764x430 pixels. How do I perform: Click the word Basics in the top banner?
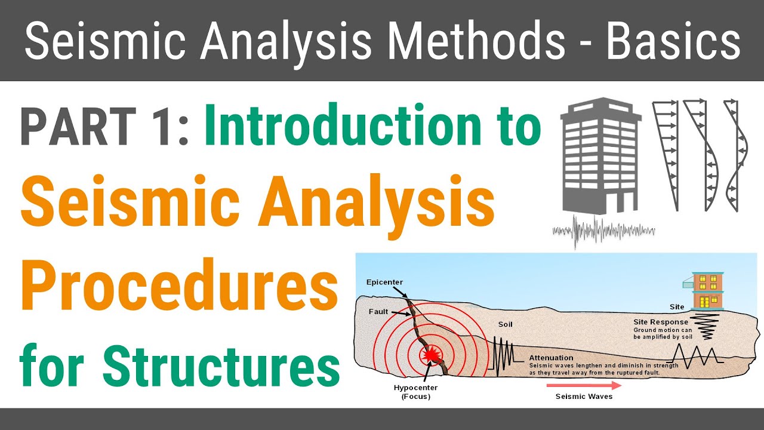(673, 41)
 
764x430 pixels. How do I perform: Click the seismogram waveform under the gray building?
(603, 231)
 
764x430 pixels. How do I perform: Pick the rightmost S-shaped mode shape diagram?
(735, 155)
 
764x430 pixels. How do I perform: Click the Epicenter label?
(386, 282)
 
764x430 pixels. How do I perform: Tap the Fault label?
(379, 311)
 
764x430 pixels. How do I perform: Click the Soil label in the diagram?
(505, 325)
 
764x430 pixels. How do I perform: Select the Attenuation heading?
(551, 358)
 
